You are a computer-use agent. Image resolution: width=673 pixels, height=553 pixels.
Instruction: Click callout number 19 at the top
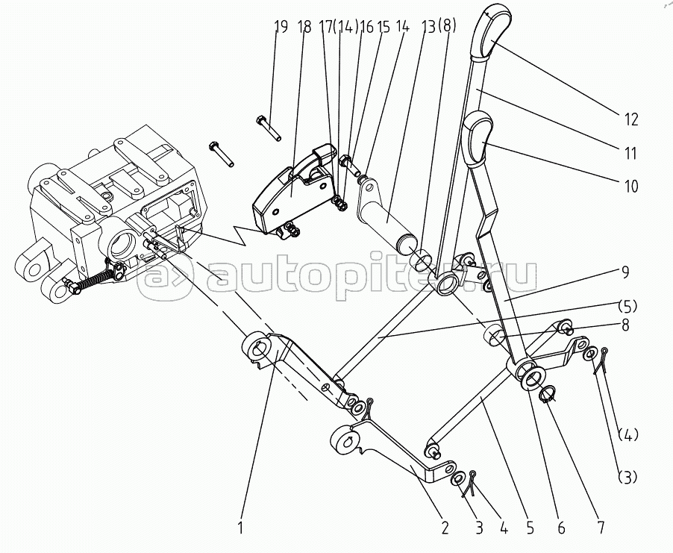(281, 28)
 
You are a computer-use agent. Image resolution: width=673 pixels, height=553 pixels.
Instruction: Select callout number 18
(304, 28)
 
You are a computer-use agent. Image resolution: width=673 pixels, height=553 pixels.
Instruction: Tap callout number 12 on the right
(631, 119)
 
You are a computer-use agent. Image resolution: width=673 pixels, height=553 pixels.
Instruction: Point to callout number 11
(630, 154)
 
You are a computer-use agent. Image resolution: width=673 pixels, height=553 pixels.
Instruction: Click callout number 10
(631, 186)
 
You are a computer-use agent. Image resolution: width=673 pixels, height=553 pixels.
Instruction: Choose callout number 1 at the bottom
(240, 528)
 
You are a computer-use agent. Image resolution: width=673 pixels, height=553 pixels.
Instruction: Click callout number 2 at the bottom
(445, 528)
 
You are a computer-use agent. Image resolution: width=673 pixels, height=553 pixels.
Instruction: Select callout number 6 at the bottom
(561, 528)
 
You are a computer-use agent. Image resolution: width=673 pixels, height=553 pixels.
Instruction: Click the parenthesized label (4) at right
(627, 434)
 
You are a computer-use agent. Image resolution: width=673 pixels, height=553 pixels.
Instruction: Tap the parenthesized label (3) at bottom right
(627, 477)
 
